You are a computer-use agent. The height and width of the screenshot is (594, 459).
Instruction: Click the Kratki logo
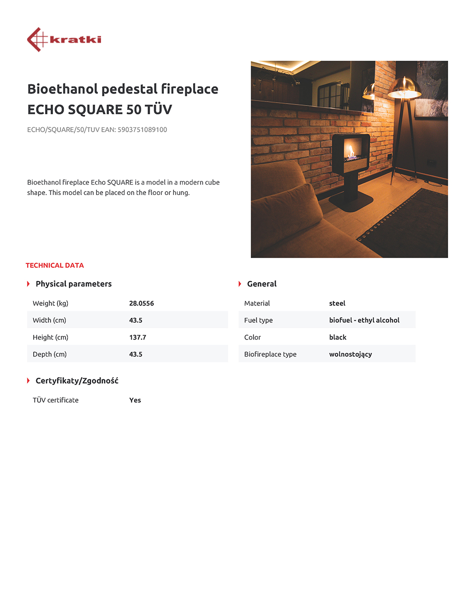64,40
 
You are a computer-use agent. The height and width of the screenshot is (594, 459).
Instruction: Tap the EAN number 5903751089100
142,130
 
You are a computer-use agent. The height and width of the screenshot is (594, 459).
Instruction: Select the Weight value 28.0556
141,303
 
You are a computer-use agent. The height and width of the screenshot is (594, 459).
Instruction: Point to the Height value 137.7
138,337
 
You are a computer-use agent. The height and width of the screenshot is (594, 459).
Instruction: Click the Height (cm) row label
51,337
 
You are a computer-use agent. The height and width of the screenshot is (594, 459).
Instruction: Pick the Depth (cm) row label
50,354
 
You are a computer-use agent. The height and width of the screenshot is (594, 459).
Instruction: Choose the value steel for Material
337,303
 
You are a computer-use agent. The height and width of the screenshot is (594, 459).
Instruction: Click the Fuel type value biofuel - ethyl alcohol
364,320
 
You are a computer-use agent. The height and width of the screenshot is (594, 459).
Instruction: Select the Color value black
338,337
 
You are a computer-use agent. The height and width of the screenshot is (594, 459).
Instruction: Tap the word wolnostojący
351,354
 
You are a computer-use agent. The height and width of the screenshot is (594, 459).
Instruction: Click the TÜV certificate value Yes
135,400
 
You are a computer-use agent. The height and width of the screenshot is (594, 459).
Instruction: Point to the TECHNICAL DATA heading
54,265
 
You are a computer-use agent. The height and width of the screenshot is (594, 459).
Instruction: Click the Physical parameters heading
74,284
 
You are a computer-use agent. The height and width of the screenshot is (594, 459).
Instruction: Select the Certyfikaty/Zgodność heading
77,381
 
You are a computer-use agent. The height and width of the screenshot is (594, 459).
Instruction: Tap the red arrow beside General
240,284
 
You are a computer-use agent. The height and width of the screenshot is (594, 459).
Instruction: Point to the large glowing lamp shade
405,88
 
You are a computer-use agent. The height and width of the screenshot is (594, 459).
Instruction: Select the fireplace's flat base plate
351,203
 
